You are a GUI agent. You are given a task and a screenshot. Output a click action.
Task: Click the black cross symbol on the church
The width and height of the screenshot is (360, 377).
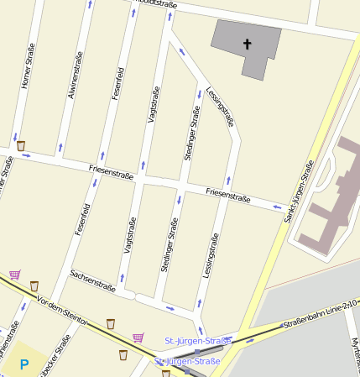pos(248,43)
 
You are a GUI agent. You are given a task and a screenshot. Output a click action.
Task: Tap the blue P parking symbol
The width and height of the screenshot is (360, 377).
pos(24,364)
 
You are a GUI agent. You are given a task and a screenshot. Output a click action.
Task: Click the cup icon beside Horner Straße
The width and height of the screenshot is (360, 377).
pos(21,146)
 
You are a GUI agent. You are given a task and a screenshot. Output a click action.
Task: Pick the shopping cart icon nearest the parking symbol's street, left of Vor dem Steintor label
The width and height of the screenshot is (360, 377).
pos(14,275)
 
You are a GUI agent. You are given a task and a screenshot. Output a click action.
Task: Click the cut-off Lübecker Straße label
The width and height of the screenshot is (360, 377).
pos(62,356)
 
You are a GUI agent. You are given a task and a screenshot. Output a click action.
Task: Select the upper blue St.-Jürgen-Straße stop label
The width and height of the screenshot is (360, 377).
pos(197,341)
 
